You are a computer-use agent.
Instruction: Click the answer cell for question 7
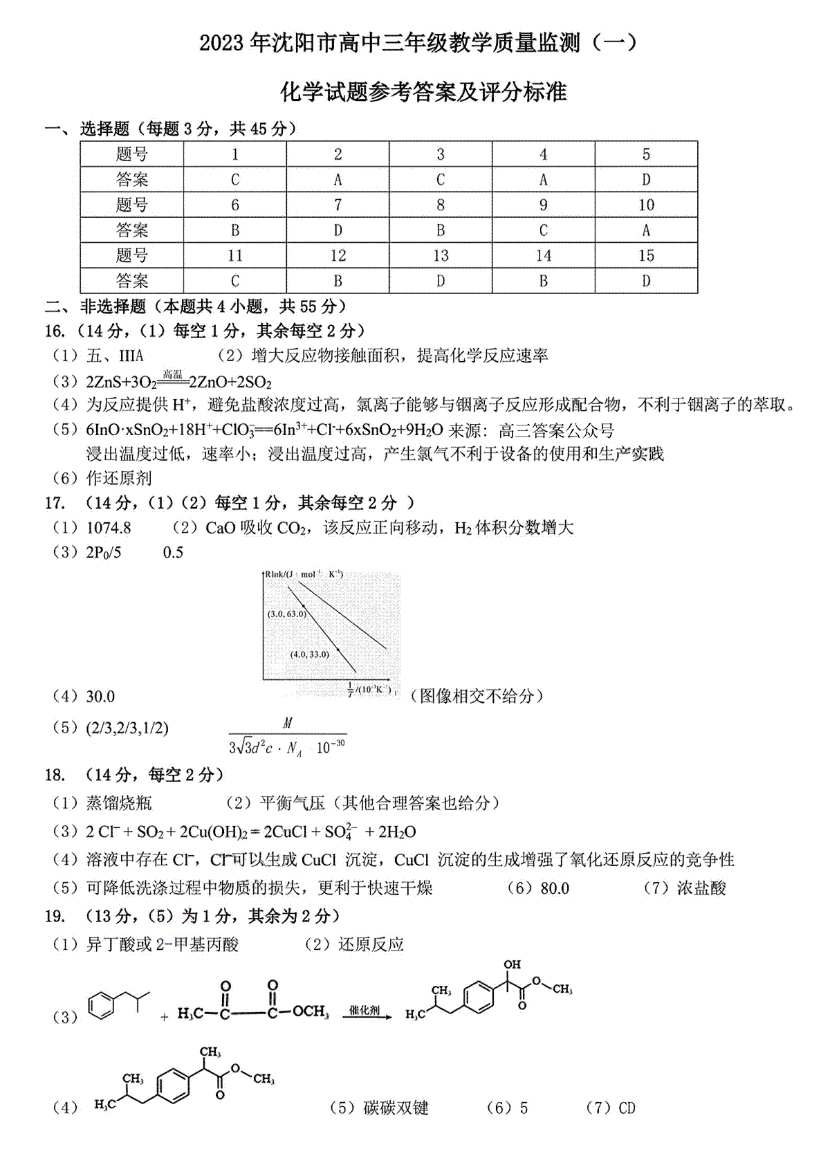click(338, 230)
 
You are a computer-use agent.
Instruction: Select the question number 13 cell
click(441, 255)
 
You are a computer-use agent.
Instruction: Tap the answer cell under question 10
click(646, 230)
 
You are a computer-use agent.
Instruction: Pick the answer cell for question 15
click(646, 281)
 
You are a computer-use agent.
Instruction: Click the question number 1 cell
click(235, 154)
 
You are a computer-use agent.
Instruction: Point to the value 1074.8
click(109, 528)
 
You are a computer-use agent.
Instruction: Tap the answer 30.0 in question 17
click(100, 697)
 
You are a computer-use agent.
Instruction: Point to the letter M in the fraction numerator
click(288, 723)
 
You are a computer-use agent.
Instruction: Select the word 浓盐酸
click(701, 888)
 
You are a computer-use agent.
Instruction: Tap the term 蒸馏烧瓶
click(119, 802)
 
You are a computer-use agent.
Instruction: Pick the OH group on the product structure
click(513, 964)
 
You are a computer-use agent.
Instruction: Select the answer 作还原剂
click(119, 478)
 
